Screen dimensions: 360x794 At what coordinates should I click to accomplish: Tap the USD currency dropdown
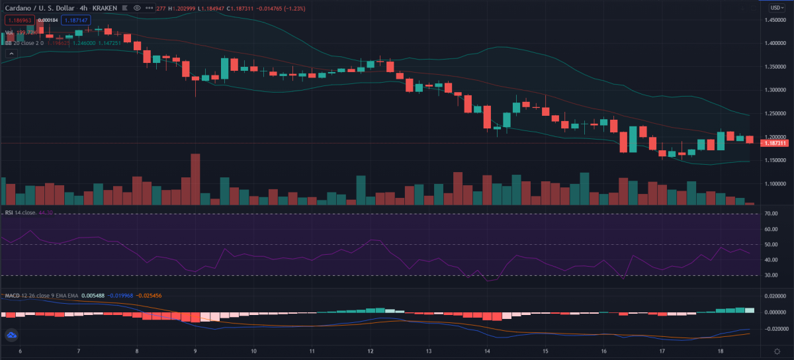pos(776,7)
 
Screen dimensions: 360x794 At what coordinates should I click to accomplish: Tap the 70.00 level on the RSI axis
pos(770,214)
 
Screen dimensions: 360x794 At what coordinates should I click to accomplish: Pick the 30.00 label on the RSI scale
pos(770,275)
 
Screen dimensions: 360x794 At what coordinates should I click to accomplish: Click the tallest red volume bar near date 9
pos(195,179)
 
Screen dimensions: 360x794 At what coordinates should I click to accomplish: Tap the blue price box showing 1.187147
pos(76,21)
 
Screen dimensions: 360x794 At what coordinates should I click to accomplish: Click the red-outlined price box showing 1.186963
pos(19,21)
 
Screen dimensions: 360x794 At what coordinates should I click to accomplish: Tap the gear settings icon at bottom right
pos(776,350)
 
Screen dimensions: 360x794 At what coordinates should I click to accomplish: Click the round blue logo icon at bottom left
pos(11,336)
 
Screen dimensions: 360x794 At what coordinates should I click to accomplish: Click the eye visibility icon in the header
pos(136,7)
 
